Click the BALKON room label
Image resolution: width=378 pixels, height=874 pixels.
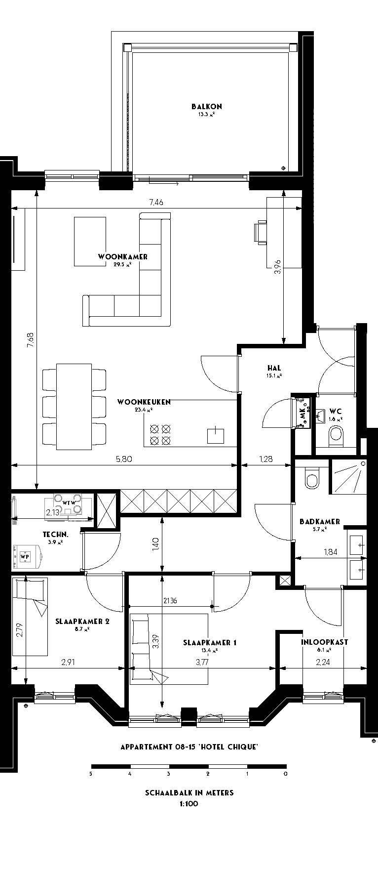pos(207,106)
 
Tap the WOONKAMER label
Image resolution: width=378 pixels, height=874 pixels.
pos(123,257)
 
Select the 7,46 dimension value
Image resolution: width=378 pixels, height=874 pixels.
pos(156,202)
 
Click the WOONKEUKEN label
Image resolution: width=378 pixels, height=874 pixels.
pos(144,402)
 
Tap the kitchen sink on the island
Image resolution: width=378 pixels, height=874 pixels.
pos(215,435)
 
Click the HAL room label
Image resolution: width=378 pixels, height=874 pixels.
pos(274,368)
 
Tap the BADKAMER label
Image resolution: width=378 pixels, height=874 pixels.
pos(320,522)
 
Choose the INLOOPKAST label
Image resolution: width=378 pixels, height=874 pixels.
pos(325,642)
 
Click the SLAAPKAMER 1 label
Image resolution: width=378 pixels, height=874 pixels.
pos(210,643)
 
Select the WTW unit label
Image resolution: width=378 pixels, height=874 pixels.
pos(69,503)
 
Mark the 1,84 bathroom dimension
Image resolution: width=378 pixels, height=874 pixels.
pos(330,552)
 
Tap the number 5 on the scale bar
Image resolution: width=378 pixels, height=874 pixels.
pos(91,774)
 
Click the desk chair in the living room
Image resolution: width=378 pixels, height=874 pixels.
pos(260,232)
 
